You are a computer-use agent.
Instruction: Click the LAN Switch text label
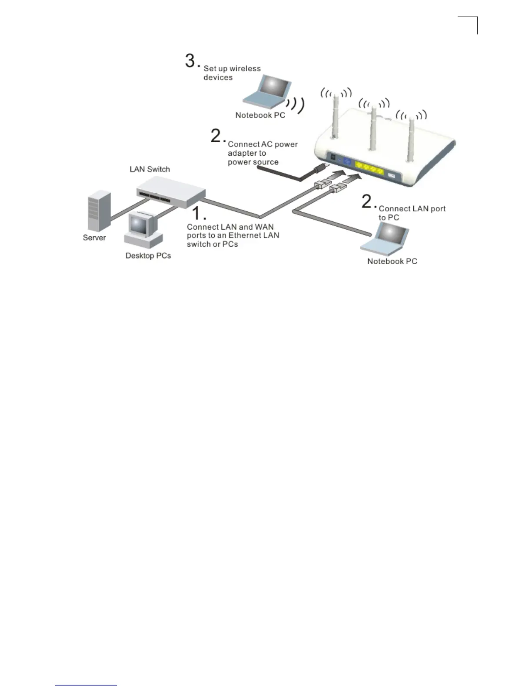coord(150,169)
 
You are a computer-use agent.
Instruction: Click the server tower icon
coord(99,211)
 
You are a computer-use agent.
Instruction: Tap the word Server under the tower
coord(94,237)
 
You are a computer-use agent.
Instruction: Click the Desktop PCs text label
coord(148,256)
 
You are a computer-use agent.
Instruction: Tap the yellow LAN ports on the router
coord(369,168)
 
